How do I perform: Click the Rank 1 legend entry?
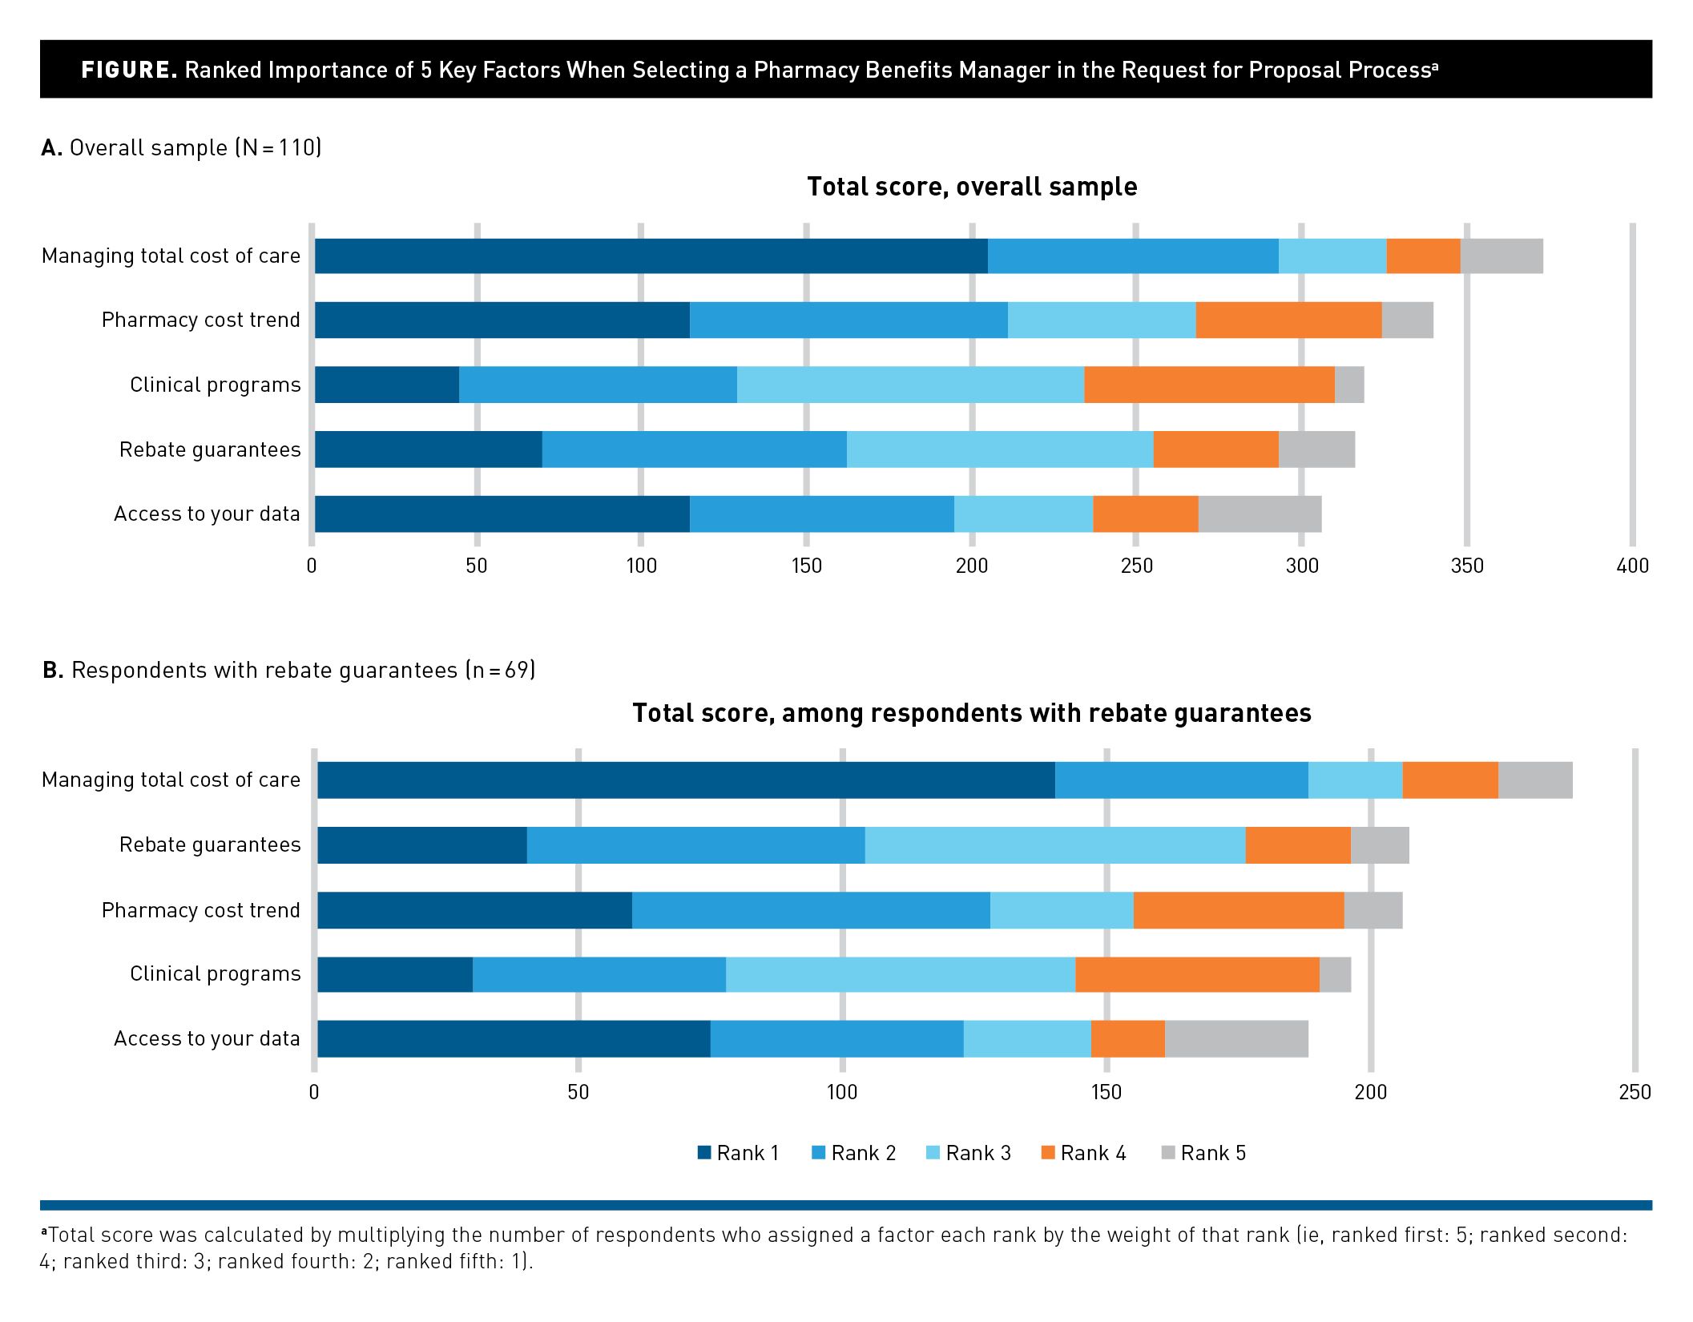738,1153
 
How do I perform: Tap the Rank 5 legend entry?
1203,1153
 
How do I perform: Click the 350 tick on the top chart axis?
1467,566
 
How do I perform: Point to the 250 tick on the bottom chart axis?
1635,1092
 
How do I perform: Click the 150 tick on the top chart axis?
806,566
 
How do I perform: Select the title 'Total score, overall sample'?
972,187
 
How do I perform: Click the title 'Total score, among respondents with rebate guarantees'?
971,713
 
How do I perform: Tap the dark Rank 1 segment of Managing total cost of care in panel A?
651,256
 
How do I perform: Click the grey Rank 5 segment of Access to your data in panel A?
1260,514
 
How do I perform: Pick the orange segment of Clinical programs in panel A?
1209,385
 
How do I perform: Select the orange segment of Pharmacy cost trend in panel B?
1239,910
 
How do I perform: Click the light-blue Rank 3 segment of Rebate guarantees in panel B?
1055,845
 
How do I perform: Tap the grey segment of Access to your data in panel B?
1236,1039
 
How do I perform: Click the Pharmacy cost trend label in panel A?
200,320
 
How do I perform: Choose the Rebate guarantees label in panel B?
210,845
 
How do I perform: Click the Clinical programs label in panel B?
216,974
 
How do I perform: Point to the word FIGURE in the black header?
129,70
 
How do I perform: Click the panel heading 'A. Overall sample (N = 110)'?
182,148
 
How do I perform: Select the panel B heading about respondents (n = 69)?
289,670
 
